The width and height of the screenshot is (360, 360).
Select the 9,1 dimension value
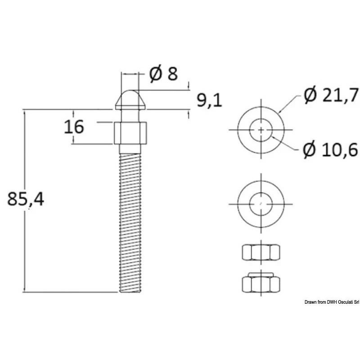210,100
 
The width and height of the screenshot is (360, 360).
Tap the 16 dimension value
73,127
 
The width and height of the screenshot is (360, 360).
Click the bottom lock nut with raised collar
261,283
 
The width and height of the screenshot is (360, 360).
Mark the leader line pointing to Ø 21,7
291,103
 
